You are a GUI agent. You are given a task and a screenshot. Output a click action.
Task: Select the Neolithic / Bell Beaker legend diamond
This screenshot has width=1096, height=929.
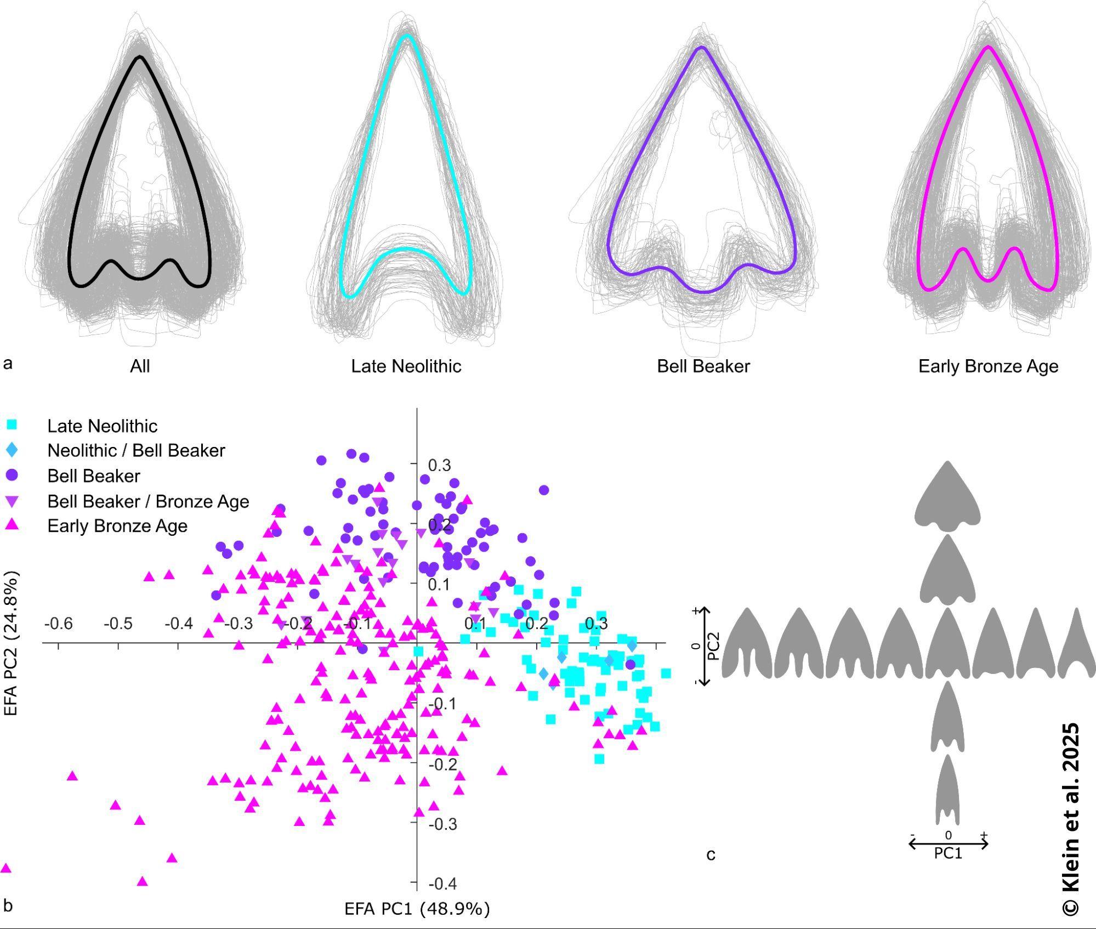(x=12, y=450)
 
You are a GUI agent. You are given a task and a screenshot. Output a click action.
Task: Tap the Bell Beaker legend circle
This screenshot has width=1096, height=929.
(x=12, y=475)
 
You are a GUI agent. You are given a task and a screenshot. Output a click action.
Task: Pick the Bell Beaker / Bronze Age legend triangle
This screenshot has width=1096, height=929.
(x=12, y=501)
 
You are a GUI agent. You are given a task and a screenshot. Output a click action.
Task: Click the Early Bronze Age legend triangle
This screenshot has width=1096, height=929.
(x=12, y=525)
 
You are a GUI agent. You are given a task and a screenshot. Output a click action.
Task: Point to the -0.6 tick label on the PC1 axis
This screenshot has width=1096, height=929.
(x=59, y=624)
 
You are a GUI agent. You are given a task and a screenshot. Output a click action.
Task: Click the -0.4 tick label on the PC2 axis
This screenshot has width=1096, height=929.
(x=443, y=883)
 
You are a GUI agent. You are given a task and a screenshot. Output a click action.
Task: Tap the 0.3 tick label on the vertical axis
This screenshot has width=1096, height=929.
(x=440, y=465)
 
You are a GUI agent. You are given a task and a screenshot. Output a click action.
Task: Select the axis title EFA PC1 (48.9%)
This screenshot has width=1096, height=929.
(x=417, y=909)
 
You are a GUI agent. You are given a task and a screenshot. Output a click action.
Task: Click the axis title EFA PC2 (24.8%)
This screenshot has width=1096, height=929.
(x=12, y=643)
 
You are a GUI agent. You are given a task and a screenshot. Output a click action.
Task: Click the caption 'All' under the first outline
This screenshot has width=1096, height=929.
(x=140, y=366)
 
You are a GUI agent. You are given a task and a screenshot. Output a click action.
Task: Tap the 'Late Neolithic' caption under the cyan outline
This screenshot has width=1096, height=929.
(x=406, y=366)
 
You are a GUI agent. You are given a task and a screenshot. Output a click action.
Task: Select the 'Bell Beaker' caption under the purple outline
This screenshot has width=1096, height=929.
(x=703, y=366)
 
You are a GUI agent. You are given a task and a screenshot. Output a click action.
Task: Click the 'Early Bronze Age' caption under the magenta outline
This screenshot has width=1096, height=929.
(x=989, y=366)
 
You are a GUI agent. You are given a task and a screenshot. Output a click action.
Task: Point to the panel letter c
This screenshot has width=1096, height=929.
(x=711, y=855)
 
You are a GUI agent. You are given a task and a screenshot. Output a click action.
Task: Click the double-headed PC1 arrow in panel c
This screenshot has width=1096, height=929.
(x=949, y=844)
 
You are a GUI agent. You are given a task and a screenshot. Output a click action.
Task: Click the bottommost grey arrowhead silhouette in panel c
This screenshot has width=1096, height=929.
(x=948, y=789)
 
